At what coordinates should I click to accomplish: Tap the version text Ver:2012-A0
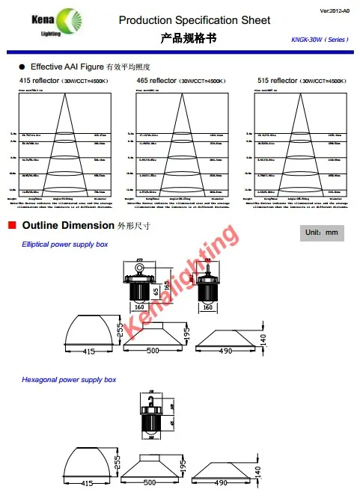[335, 9]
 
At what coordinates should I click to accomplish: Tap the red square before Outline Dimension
[11, 225]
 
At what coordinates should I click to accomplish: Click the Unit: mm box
[323, 233]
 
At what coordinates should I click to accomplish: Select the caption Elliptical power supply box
[65, 245]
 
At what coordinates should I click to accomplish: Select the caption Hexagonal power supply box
[69, 380]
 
